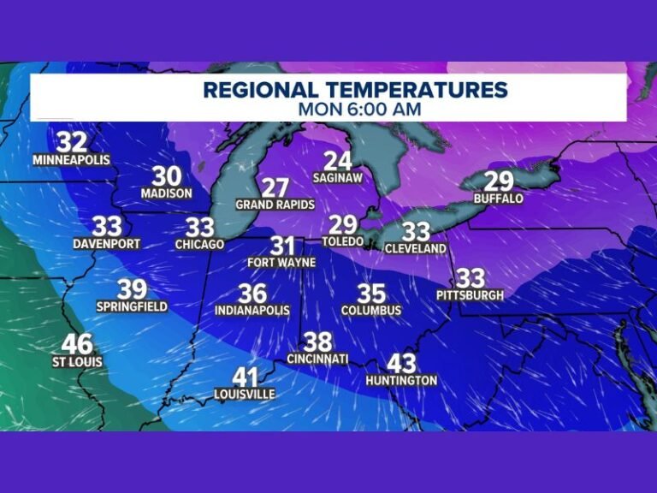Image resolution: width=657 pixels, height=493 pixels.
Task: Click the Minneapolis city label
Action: click(73, 160)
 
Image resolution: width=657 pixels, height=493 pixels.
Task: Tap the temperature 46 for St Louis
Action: click(76, 344)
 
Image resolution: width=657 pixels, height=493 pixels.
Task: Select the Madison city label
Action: click(167, 194)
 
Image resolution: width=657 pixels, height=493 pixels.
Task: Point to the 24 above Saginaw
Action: click(338, 160)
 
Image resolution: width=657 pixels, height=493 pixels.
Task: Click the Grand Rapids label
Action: click(275, 205)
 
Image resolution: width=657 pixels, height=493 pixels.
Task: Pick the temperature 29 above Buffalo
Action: click(498, 181)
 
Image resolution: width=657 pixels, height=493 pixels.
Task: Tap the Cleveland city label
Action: click(416, 248)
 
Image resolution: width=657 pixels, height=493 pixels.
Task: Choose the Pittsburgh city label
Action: click(470, 295)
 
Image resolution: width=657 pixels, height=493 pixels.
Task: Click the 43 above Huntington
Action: click(401, 363)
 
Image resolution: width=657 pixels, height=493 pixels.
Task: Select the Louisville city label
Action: click(245, 394)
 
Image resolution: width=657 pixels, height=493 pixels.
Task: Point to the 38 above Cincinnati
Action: click(317, 342)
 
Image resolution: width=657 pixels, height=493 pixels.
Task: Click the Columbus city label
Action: click(371, 310)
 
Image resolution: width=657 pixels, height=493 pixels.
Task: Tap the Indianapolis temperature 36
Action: click(252, 293)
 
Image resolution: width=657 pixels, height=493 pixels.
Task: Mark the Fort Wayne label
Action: click(281, 262)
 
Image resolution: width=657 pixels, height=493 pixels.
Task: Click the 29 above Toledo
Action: click(343, 224)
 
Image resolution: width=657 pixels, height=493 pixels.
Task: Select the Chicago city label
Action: click(199, 245)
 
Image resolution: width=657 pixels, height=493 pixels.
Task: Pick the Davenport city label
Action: click(107, 244)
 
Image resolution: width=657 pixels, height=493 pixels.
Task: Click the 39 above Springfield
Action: click(132, 289)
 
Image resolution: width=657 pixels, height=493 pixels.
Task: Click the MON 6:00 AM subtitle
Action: click(359, 109)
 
